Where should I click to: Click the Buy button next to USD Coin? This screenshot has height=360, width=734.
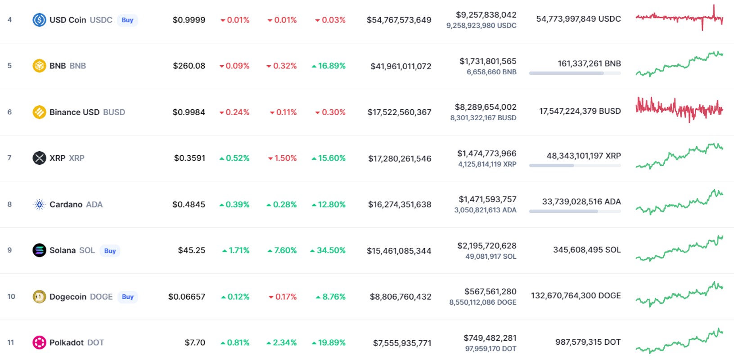coord(127,20)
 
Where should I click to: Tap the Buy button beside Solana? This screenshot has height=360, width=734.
coord(110,251)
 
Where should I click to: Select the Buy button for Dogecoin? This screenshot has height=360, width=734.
coord(127,297)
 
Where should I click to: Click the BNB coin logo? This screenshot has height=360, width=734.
coord(39,66)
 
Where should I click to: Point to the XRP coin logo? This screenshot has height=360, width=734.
coord(39,158)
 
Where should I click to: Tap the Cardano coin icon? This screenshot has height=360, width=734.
coord(39,204)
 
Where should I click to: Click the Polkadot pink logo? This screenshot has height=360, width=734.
coord(39,342)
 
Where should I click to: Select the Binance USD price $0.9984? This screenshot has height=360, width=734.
coord(189,112)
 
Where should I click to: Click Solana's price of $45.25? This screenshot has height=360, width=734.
coord(192,251)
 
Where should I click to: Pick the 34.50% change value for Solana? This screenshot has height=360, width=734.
coord(328,251)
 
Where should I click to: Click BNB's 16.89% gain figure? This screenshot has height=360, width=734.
coord(329,66)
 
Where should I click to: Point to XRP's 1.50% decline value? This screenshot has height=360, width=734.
coord(282,158)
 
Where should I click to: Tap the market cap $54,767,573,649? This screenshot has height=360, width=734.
coord(399,20)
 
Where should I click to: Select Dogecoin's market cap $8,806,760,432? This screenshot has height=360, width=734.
coord(401,297)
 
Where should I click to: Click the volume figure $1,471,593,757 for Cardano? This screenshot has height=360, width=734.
coord(487,199)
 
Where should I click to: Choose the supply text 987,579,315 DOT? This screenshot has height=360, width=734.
coord(588,342)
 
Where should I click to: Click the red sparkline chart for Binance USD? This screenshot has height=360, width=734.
coord(679,110)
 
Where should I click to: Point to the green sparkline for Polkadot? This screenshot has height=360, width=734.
coord(679,341)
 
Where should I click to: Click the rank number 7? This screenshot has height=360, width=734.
coord(9,158)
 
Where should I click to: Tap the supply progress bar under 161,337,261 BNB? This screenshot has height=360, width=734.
coord(575,73)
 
